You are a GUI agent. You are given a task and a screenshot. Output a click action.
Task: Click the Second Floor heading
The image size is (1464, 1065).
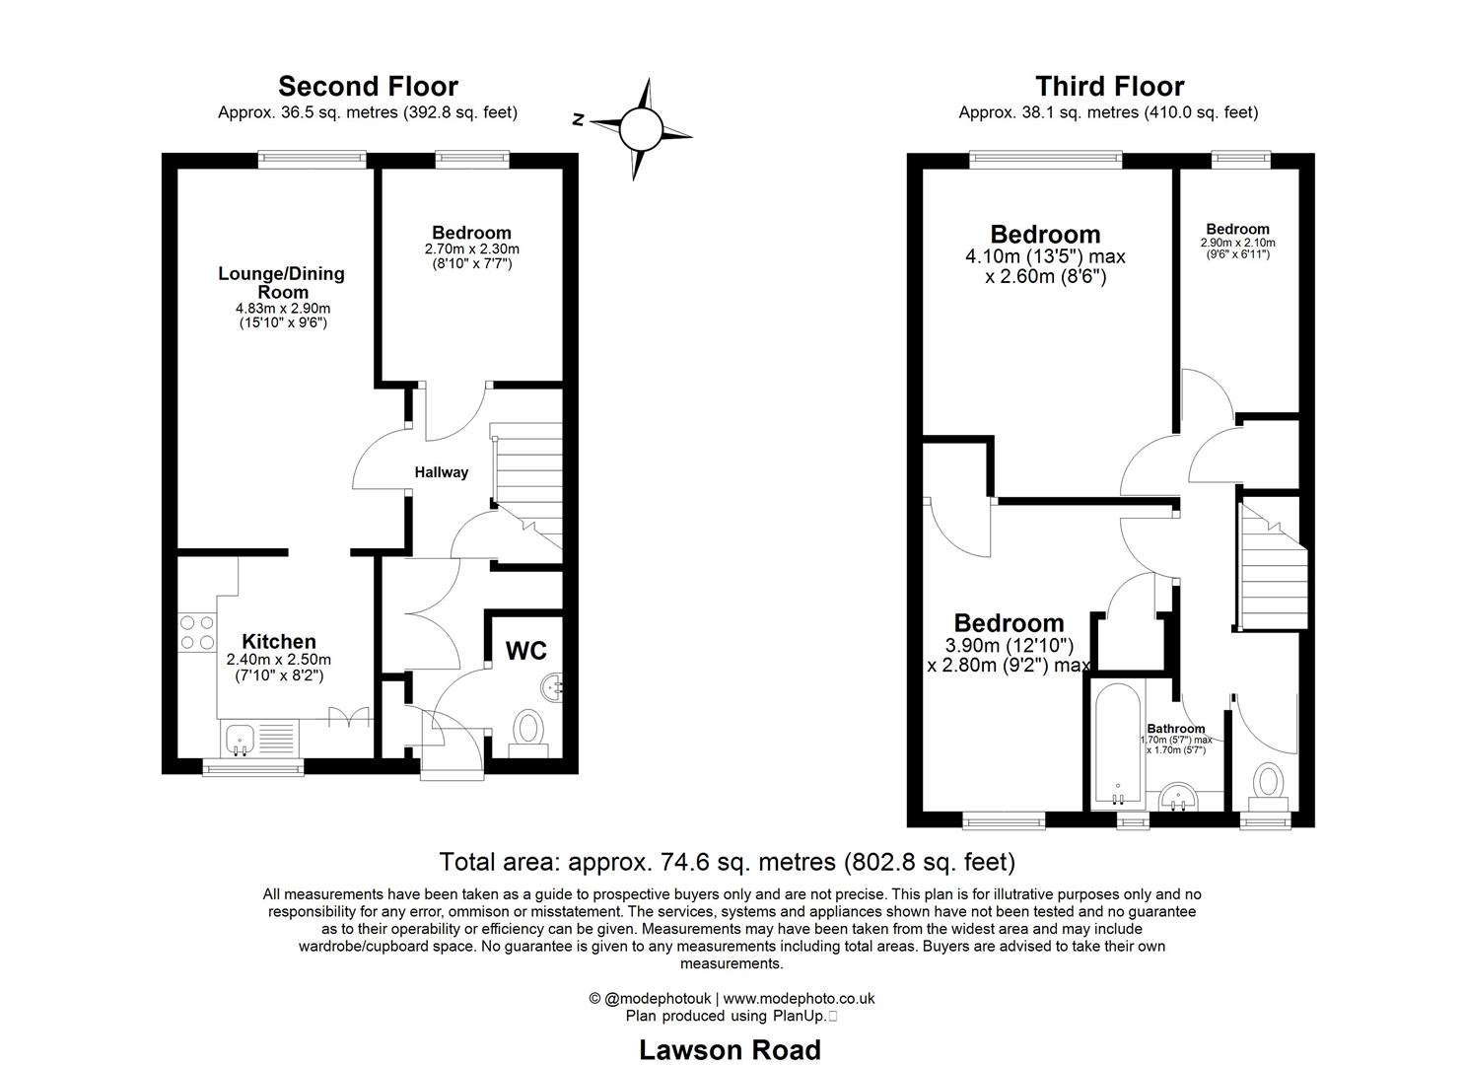[368, 87]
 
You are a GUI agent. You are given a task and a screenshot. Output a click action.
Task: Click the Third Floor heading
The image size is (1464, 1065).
[1109, 87]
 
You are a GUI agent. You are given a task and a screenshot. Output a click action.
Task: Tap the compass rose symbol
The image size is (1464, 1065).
[640, 128]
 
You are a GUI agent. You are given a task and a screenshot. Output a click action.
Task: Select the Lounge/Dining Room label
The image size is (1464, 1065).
[281, 283]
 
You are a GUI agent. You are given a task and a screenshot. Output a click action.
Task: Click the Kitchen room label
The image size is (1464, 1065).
[279, 642]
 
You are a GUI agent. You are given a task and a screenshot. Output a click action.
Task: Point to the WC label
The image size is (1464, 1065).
[525, 652]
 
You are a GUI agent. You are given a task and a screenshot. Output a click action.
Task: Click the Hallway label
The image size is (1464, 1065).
[441, 472]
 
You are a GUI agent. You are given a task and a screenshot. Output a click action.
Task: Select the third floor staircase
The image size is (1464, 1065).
[1270, 568]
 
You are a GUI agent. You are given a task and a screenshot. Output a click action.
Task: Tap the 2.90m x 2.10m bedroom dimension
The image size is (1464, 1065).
[1237, 243]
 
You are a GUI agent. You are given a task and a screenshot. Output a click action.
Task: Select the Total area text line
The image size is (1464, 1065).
[727, 863]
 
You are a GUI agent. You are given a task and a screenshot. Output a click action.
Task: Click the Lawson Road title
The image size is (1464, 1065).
[730, 1050]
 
